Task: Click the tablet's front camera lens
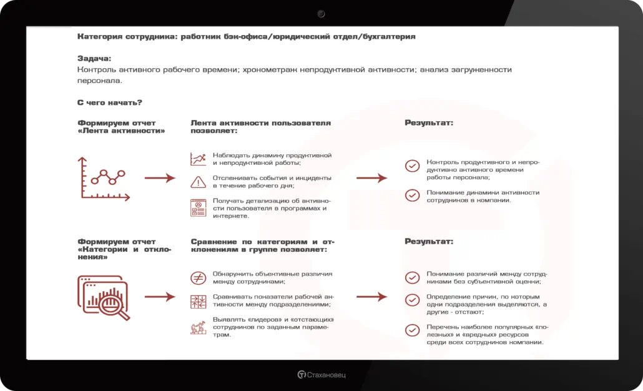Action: tap(321, 13)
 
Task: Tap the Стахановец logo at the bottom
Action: tap(321, 375)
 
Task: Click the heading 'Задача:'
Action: tap(94, 59)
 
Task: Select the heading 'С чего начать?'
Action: tap(110, 102)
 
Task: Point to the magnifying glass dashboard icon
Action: tap(104, 297)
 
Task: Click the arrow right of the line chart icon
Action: tap(160, 178)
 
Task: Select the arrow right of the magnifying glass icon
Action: tap(160, 297)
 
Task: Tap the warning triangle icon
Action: tap(198, 182)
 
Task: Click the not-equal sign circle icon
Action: tap(198, 278)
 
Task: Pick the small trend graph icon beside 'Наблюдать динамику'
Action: tap(198, 159)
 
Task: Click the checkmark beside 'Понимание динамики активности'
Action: tap(412, 195)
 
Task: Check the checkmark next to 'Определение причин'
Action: tap(412, 300)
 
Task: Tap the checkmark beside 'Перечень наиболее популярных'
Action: tap(412, 330)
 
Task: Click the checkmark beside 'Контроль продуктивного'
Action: tap(412, 166)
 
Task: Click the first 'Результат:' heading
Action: tap(429, 123)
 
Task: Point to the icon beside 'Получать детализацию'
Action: tap(198, 207)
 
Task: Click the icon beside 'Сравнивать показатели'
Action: tap(198, 301)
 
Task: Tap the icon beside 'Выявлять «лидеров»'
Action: tap(198, 327)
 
